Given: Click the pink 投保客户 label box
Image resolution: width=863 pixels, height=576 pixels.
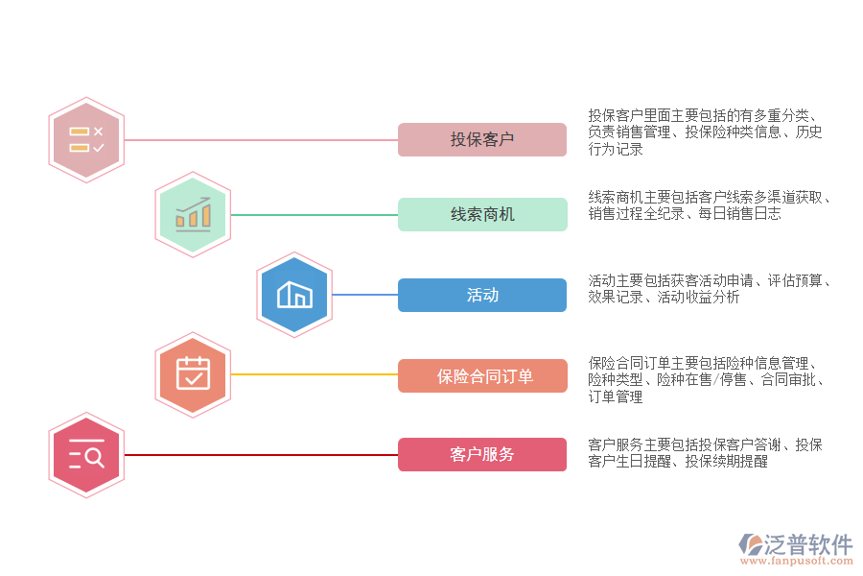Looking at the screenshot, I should click(482, 140).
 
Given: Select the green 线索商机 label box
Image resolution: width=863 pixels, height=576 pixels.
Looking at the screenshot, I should click(482, 215).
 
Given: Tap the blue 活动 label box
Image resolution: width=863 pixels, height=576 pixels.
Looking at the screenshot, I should click(482, 296).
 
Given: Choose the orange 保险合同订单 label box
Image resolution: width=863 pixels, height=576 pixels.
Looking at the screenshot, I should click(482, 376).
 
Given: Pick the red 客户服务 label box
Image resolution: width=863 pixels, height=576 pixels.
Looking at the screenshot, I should click(482, 455).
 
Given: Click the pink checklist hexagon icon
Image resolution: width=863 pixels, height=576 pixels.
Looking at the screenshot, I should click(86, 140).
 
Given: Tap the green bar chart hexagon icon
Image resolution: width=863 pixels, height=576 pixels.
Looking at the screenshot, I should click(193, 215).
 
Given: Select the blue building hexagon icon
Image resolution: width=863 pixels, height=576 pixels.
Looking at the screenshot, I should click(294, 296).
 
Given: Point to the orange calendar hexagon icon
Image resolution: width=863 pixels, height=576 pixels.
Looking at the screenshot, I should click(193, 374).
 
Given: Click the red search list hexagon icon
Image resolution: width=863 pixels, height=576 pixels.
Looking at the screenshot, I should click(86, 455).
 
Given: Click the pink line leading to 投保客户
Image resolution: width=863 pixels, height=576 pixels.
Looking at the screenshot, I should click(259, 140).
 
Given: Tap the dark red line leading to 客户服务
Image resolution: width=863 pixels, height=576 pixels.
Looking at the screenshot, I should click(259, 455).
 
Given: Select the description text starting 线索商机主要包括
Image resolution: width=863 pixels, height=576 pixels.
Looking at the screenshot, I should click(709, 205).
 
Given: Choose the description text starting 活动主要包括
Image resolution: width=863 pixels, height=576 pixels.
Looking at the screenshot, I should click(709, 289).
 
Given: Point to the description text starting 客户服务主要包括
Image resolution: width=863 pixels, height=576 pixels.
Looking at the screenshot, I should click(705, 453).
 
